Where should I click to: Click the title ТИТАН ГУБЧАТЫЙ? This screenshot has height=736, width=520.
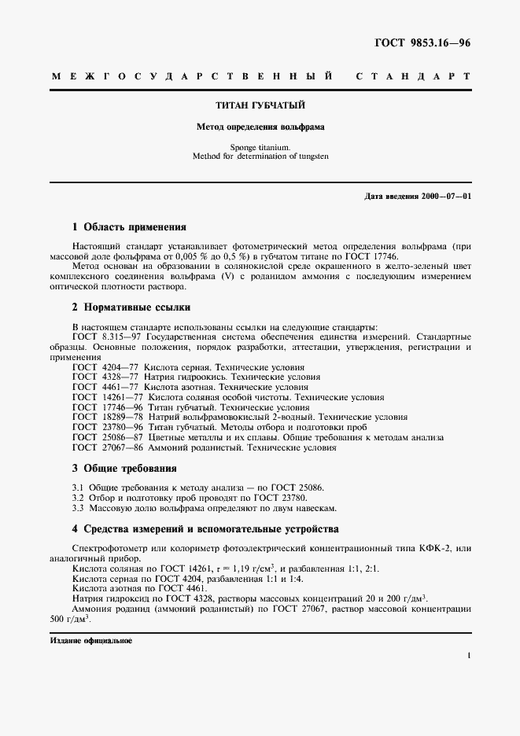260,105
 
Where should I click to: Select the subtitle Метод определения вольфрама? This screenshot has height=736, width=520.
260,126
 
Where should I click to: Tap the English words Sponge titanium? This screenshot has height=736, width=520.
260,147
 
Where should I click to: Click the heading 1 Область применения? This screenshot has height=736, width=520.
129,227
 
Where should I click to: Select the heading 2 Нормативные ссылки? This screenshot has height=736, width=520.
131,307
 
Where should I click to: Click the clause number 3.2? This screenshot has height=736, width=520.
78,499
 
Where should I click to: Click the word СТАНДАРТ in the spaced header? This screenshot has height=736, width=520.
414,77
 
